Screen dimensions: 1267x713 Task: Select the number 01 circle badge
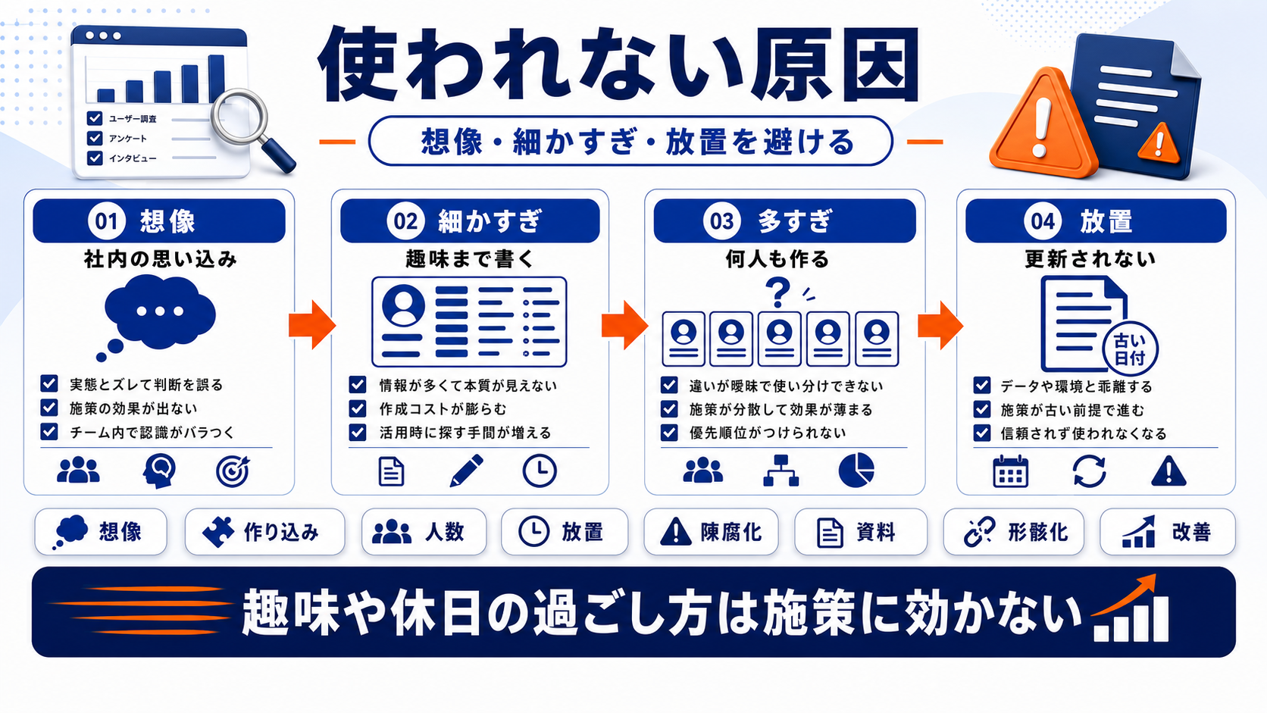pos(106,220)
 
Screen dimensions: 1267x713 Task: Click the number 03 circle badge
pos(721,220)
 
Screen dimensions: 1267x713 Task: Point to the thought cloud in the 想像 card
pos(158,313)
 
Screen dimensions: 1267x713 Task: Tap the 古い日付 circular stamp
pos(1130,349)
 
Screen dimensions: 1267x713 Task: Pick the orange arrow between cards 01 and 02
pos(311,324)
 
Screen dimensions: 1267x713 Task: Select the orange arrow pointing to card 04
pos(940,324)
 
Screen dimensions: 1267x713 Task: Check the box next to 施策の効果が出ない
pos(49,408)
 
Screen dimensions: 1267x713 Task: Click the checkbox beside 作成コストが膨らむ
pos(358,408)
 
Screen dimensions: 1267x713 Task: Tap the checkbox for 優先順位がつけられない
pos(669,433)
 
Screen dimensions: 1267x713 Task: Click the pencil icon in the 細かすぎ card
pos(467,471)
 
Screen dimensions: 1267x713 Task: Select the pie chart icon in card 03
pos(856,470)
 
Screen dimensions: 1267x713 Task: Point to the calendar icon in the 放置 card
pos(1011,471)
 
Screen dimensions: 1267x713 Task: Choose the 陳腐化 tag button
pos(711,531)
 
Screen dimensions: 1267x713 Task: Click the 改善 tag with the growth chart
pos(1168,531)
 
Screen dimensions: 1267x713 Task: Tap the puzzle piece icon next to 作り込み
pos(218,531)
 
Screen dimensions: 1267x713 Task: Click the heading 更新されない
pos(1090,259)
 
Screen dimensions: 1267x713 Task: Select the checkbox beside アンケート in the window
pos(95,138)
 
